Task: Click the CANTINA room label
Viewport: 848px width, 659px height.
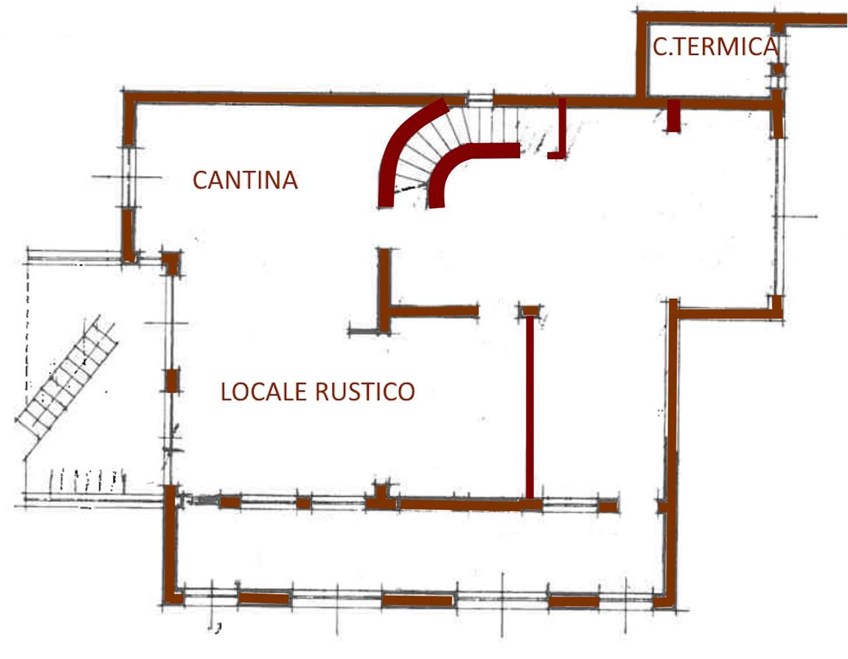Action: (x=244, y=180)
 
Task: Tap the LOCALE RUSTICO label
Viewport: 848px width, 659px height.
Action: (x=317, y=391)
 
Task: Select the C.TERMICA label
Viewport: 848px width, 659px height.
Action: (x=714, y=46)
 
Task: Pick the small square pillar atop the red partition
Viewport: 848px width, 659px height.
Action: (x=531, y=310)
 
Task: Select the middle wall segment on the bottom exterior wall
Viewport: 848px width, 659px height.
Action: (x=417, y=601)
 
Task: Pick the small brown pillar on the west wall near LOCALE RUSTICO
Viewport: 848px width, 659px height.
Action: (x=172, y=381)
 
